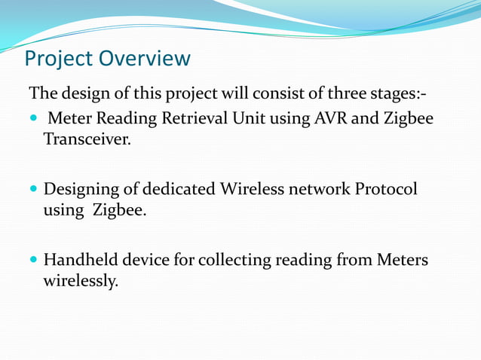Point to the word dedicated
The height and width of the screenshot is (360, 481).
(179, 189)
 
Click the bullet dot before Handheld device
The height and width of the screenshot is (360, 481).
(34, 261)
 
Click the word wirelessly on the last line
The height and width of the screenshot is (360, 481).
(80, 281)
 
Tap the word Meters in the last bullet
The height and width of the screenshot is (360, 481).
(402, 260)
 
